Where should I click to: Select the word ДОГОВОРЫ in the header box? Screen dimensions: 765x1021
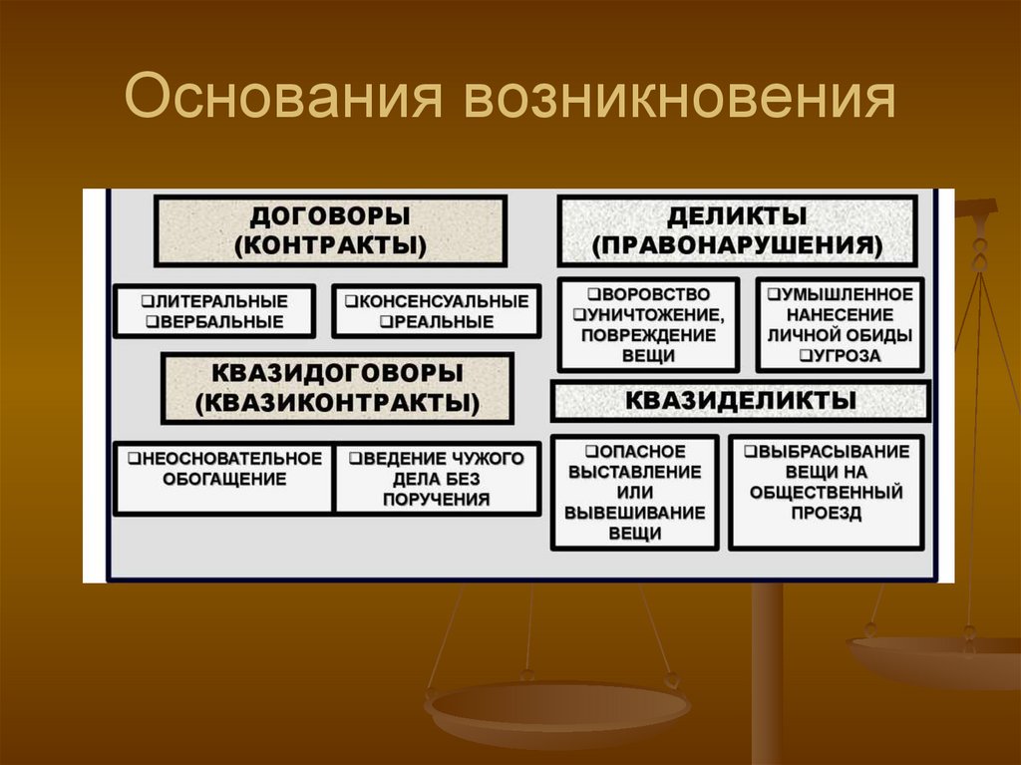[330, 216]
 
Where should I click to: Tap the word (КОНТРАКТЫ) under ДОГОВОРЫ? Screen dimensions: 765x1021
[330, 244]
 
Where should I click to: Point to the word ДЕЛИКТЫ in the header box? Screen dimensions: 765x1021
[737, 216]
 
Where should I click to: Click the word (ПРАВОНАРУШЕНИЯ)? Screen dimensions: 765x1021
[737, 244]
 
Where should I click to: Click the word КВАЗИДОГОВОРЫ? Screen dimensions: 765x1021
[337, 373]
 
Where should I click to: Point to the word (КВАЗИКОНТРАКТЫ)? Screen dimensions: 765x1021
[337, 403]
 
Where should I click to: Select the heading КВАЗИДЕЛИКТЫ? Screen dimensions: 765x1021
[741, 400]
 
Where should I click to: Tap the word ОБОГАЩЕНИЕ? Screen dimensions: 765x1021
[223, 479]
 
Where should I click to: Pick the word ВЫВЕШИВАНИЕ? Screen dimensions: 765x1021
[634, 513]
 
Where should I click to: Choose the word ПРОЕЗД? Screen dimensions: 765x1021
[827, 513]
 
